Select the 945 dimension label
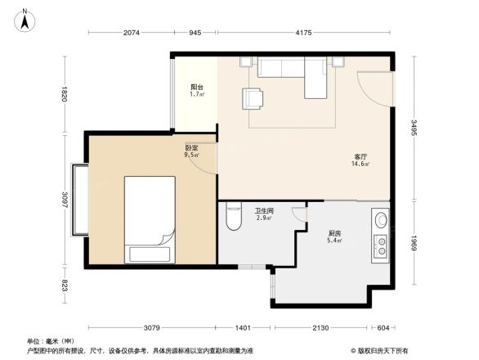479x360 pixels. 195,33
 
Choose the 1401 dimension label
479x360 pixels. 243,327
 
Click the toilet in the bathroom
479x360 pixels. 233,217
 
